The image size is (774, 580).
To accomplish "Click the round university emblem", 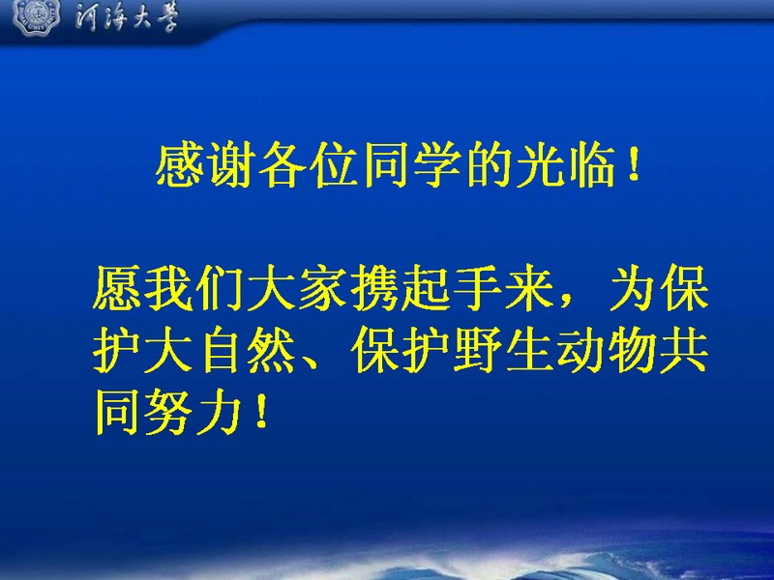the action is coord(36,17).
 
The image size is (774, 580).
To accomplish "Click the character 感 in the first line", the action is coord(180,165).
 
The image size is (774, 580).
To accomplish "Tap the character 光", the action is coord(540,165).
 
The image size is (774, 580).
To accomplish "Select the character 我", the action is coord(168,288).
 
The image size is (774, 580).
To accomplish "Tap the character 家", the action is coord(323,288).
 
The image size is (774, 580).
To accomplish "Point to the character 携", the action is coord(374,288).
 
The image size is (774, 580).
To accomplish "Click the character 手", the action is coord(477,288).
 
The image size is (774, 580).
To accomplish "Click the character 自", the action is coord(220,350).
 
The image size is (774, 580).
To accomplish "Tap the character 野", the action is coord(477,350).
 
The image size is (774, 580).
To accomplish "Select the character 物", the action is coord(632,350).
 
